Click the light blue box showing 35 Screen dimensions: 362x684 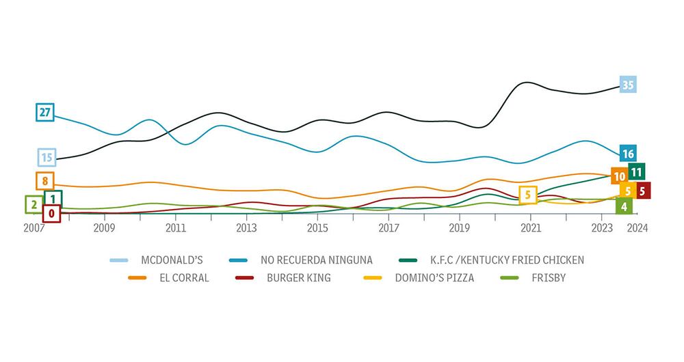coord(628,85)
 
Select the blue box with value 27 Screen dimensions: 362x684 coord(45,113)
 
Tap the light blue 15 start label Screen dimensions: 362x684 coord(46,157)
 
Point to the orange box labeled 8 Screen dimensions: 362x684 coord(44,181)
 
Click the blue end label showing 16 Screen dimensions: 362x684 coord(628,154)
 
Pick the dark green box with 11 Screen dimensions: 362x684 coord(636,172)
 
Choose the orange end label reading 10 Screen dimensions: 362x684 coord(619,176)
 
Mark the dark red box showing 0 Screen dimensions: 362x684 coord(51,213)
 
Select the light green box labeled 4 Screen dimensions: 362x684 coord(623,206)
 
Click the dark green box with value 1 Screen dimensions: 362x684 coord(53,199)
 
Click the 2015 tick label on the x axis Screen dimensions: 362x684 coord(317,227)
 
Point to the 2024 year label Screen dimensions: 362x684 coord(637,227)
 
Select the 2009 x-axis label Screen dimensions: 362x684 coord(104,227)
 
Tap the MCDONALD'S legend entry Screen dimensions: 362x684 coord(172,260)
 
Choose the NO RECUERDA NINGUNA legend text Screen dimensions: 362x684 coord(316,260)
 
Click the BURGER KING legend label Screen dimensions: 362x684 coord(299,278)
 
